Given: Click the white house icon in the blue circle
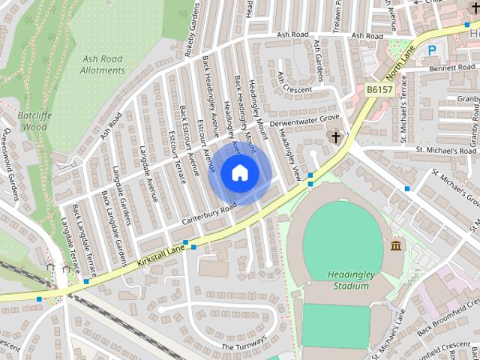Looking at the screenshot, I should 239,173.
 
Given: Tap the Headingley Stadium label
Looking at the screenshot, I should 351,280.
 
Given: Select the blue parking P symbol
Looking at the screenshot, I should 431,50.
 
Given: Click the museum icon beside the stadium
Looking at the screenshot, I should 396,246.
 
